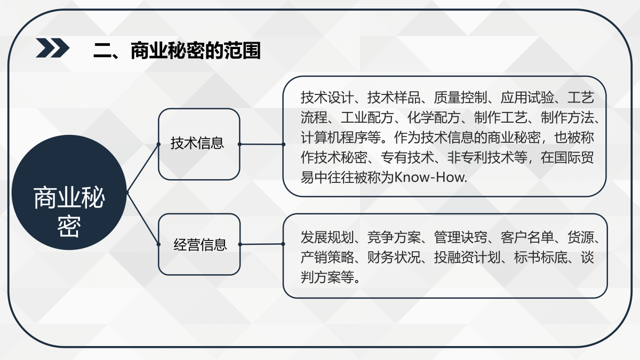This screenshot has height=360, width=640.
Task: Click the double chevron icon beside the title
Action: point(53,47)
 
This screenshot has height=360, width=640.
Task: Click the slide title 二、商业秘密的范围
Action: point(177,51)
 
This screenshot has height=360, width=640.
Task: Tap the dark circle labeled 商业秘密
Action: point(69,193)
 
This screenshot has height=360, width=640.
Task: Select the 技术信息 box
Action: point(199,144)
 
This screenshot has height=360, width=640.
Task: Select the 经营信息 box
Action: point(199,244)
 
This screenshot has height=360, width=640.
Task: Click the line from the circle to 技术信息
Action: point(142,168)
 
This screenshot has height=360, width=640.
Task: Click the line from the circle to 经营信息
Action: point(142,218)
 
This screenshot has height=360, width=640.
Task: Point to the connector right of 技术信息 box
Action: point(261,145)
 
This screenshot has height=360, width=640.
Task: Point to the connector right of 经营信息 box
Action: point(261,244)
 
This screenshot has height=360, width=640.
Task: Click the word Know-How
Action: point(430,178)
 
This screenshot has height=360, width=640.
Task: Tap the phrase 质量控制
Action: point(460,98)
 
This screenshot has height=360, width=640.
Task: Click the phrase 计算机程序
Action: point(334,138)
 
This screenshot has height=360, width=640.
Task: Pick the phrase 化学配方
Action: point(434,117)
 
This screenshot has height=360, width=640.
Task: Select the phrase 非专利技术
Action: point(481,157)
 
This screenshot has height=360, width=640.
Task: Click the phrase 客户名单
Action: point(527,237)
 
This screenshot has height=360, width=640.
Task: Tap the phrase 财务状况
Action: point(394,258)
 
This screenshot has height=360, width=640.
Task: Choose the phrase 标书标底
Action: point(541,258)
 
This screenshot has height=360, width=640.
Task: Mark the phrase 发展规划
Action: point(327,237)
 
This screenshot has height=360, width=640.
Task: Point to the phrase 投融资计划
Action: point(467,258)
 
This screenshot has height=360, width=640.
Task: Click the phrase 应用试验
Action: point(527,98)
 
